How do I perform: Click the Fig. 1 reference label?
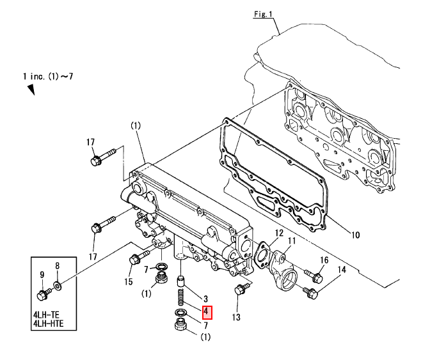pyautogui.click(x=263, y=14)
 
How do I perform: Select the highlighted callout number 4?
pyautogui.click(x=207, y=313)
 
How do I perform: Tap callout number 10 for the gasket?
pyautogui.click(x=355, y=235)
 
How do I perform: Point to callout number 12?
pyautogui.click(x=279, y=233)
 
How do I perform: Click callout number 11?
pyautogui.click(x=292, y=241)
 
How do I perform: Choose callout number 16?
pyautogui.click(x=324, y=260)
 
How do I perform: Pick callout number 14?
pyautogui.click(x=341, y=269)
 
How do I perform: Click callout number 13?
pyautogui.click(x=236, y=317)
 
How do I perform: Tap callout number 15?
pyautogui.click(x=128, y=281)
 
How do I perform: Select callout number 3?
pyautogui.click(x=205, y=299)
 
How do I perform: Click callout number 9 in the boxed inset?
pyautogui.click(x=42, y=275)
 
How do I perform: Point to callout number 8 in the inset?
pyautogui.click(x=58, y=265)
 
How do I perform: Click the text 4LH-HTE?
pyautogui.click(x=49, y=324)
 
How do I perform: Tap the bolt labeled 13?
pyautogui.click(x=241, y=288)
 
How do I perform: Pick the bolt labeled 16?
pyautogui.click(x=314, y=276)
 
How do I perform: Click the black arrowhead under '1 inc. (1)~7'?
pyautogui.click(x=31, y=90)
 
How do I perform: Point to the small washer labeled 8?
pyautogui.click(x=57, y=285)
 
